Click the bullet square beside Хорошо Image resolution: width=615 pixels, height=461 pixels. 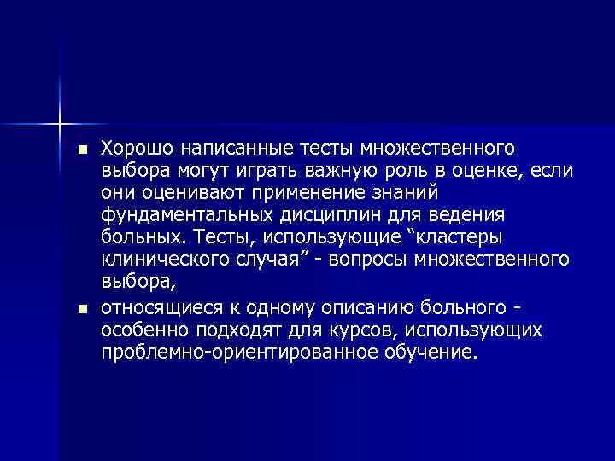[81, 149]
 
